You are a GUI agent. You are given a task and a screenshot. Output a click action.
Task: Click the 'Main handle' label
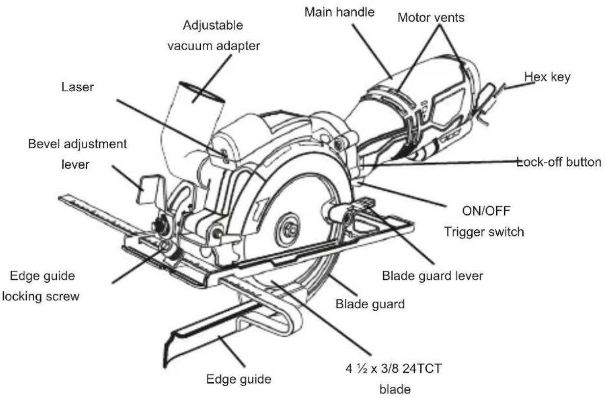click(x=339, y=13)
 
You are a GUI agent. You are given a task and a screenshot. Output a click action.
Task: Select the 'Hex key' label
click(x=547, y=77)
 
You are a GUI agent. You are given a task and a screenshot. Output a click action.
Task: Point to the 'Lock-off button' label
click(x=559, y=162)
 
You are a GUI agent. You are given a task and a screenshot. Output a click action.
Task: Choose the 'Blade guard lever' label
click(x=432, y=276)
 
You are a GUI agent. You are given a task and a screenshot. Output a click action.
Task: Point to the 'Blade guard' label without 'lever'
click(x=370, y=304)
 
